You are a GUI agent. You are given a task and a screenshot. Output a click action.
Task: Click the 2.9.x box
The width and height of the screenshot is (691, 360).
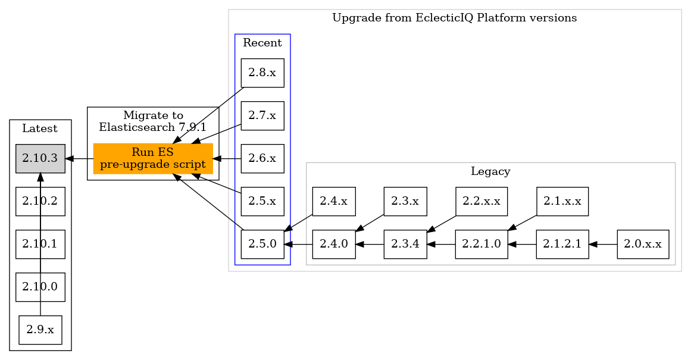40,330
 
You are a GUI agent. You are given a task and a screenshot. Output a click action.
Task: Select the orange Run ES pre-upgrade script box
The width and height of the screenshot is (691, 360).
153,159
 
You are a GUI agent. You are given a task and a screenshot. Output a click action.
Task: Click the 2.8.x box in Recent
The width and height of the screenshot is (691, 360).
262,73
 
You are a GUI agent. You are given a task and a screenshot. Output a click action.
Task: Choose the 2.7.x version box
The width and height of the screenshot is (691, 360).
262,116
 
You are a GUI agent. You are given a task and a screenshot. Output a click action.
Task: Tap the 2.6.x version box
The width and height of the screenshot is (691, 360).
262,159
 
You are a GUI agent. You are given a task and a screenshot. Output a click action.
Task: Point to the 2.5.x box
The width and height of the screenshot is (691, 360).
262,202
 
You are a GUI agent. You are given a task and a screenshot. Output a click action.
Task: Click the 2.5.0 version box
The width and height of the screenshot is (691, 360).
262,245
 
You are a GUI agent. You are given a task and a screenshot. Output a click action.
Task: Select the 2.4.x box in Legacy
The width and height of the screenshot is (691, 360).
334,202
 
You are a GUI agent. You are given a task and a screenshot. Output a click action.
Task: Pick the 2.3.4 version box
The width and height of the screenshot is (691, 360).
405,245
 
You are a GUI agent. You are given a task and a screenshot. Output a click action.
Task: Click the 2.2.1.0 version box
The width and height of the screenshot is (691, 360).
481,245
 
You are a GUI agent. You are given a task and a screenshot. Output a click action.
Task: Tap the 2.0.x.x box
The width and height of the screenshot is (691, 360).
643,245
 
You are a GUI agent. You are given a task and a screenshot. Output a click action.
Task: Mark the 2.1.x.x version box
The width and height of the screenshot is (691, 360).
562,202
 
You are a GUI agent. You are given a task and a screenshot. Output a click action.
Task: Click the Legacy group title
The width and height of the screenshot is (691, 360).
490,172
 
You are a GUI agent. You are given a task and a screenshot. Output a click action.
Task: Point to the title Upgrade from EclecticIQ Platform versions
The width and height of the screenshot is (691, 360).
454,18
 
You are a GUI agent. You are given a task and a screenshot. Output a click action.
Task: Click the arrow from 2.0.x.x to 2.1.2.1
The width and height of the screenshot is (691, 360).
603,244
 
